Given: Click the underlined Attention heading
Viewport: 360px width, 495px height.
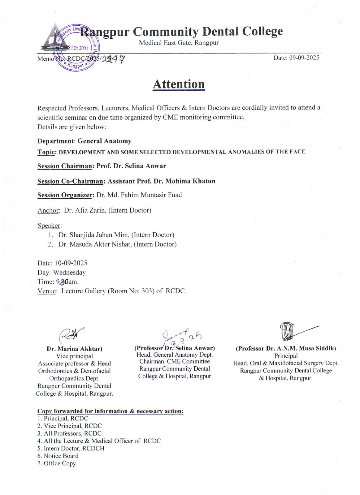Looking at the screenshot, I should tap(179, 84).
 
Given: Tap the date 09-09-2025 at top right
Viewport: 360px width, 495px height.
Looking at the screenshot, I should tap(296, 58).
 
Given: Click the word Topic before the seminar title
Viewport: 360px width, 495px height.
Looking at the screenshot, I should tap(46, 152).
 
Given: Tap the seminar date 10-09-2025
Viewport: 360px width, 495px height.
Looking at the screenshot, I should tap(71, 263).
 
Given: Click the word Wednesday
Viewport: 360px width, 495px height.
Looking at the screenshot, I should tap(69, 273).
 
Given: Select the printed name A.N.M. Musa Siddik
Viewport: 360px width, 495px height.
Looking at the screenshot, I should tap(301, 348).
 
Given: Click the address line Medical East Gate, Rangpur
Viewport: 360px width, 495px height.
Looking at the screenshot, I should tap(179, 43).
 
